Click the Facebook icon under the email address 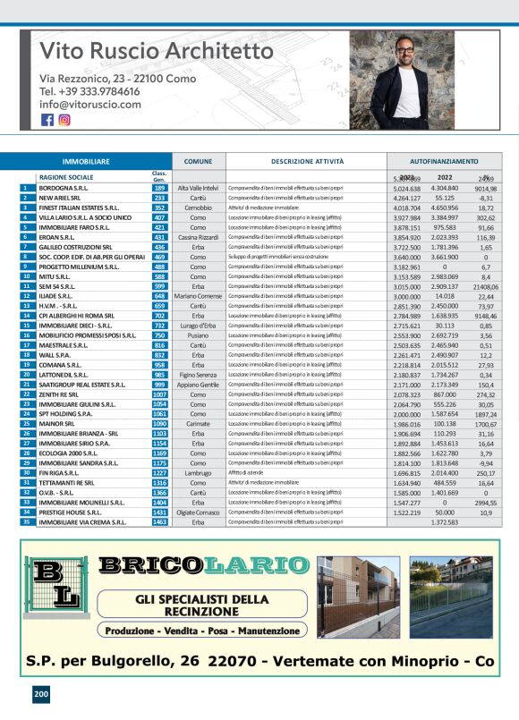[x=47, y=120]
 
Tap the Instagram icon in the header [x=64, y=120]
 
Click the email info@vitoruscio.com [x=89, y=105]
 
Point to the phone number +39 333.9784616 [x=89, y=91]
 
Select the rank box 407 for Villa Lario [x=160, y=217]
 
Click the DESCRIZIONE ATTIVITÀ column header [x=307, y=161]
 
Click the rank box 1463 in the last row [x=160, y=521]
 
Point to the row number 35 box [x=23, y=521]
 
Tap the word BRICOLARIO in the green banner [x=201, y=564]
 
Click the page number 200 [x=41, y=694]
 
